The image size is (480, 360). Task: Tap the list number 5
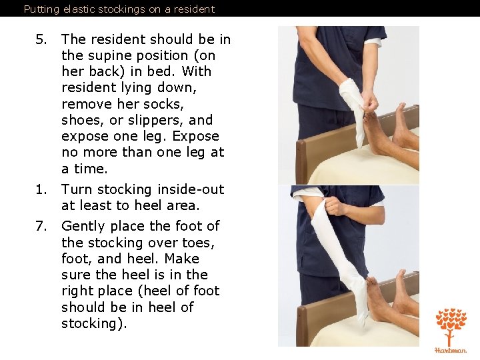pyautogui.click(x=41, y=39)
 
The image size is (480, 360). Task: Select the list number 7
pyautogui.click(x=41, y=226)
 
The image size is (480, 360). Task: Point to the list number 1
pyautogui.click(x=41, y=189)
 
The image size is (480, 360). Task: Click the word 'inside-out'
pyautogui.click(x=191, y=189)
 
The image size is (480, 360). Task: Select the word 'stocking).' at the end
pyautogui.click(x=94, y=323)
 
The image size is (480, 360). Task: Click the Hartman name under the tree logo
pyautogui.click(x=451, y=350)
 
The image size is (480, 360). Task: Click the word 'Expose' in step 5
pyautogui.click(x=195, y=137)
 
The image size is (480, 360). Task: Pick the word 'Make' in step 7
pyautogui.click(x=182, y=259)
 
